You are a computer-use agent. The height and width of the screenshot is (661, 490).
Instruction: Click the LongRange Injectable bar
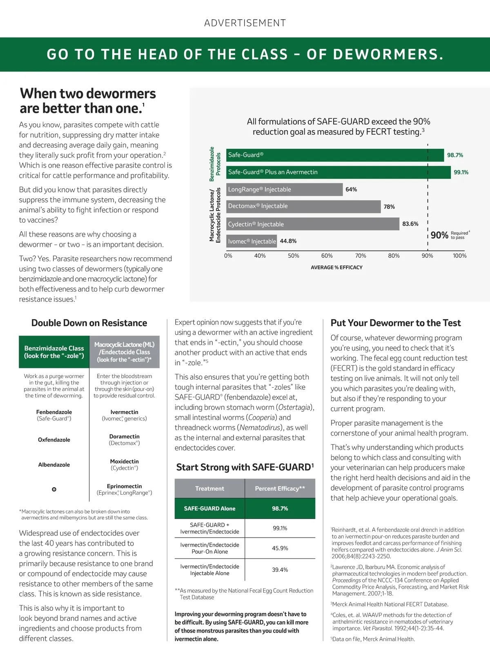point(284,190)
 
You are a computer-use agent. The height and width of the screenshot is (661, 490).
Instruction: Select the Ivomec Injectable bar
point(252,241)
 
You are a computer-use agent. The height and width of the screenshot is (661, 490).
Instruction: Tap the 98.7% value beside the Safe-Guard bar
point(455,155)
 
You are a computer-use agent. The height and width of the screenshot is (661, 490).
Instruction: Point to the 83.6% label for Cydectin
point(410,224)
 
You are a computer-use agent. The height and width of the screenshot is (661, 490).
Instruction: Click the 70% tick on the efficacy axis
point(361,256)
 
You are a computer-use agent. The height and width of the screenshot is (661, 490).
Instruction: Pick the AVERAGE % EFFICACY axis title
point(336,268)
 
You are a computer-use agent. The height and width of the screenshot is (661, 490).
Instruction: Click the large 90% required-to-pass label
point(439,235)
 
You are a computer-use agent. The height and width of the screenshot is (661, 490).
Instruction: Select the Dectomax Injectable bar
point(303,206)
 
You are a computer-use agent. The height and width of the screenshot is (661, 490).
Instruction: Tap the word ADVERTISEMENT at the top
point(245,23)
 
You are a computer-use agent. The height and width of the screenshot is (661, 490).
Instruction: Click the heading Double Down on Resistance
point(89,323)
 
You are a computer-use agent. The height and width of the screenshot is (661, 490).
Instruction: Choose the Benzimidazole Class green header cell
point(54,352)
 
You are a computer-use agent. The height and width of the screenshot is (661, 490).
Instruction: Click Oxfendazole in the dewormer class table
point(54,440)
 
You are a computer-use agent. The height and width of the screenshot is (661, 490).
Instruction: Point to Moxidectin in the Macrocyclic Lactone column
point(125,462)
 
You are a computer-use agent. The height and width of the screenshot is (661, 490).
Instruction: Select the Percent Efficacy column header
point(280,489)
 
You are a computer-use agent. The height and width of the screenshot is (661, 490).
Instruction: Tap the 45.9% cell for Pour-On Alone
point(280,548)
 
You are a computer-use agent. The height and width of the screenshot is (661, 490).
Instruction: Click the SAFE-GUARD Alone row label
point(209,509)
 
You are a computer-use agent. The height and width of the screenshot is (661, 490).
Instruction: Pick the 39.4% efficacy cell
point(280,570)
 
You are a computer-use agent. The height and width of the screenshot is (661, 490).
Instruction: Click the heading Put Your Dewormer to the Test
point(395,323)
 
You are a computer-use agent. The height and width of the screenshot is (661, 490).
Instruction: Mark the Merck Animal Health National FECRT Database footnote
point(390,605)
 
